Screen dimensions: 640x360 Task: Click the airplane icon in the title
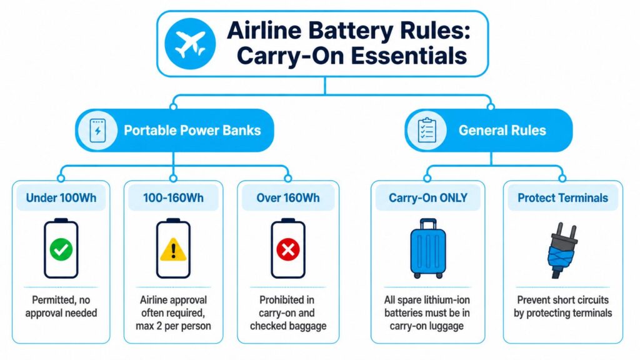pos(190,44)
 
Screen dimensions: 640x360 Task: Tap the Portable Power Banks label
pos(192,130)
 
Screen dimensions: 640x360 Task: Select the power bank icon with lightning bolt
pos(97,131)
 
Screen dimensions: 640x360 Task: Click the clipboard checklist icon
pos(427,130)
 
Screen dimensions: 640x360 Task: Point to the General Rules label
pos(502,130)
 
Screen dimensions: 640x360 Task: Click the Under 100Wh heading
pos(61,198)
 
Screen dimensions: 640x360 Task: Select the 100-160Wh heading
pos(173,198)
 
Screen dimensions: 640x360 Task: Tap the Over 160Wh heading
pos(287,198)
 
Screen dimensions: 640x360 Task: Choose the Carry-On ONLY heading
pos(427,198)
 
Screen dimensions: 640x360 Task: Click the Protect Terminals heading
pos(563,198)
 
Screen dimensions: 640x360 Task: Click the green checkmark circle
pos(61,249)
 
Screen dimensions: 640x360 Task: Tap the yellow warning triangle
pos(173,249)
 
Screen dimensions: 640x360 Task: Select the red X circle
pos(287,249)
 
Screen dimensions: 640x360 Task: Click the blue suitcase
pos(427,249)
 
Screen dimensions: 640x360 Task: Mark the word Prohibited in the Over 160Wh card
pos(287,300)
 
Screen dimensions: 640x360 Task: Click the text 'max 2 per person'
pos(173,326)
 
